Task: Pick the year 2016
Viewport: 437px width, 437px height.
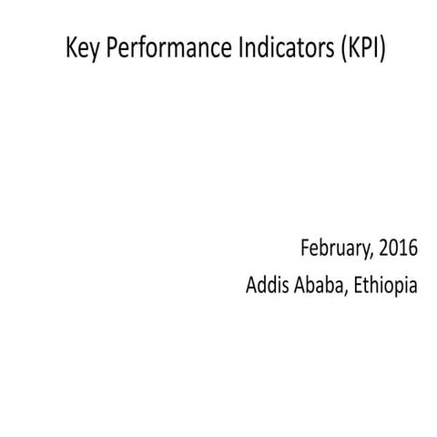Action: (x=397, y=247)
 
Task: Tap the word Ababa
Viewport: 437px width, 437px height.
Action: (x=320, y=285)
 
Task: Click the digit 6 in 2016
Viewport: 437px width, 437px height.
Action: (x=413, y=247)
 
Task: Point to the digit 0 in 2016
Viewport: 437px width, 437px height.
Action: (x=391, y=247)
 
